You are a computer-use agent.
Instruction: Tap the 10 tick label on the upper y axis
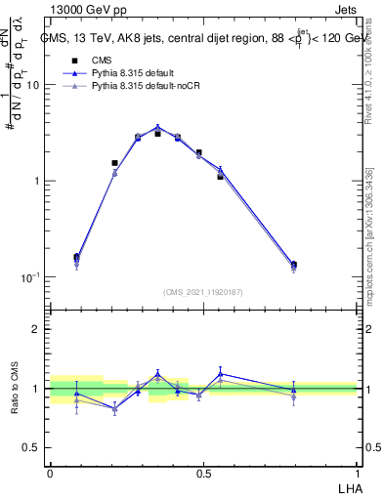[x=32, y=85]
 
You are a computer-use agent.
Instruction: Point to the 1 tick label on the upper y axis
[x=35, y=182]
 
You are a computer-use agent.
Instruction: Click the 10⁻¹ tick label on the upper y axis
[x=29, y=277]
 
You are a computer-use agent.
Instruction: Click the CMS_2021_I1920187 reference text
[x=203, y=291]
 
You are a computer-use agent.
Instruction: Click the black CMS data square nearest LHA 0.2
[x=115, y=163]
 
